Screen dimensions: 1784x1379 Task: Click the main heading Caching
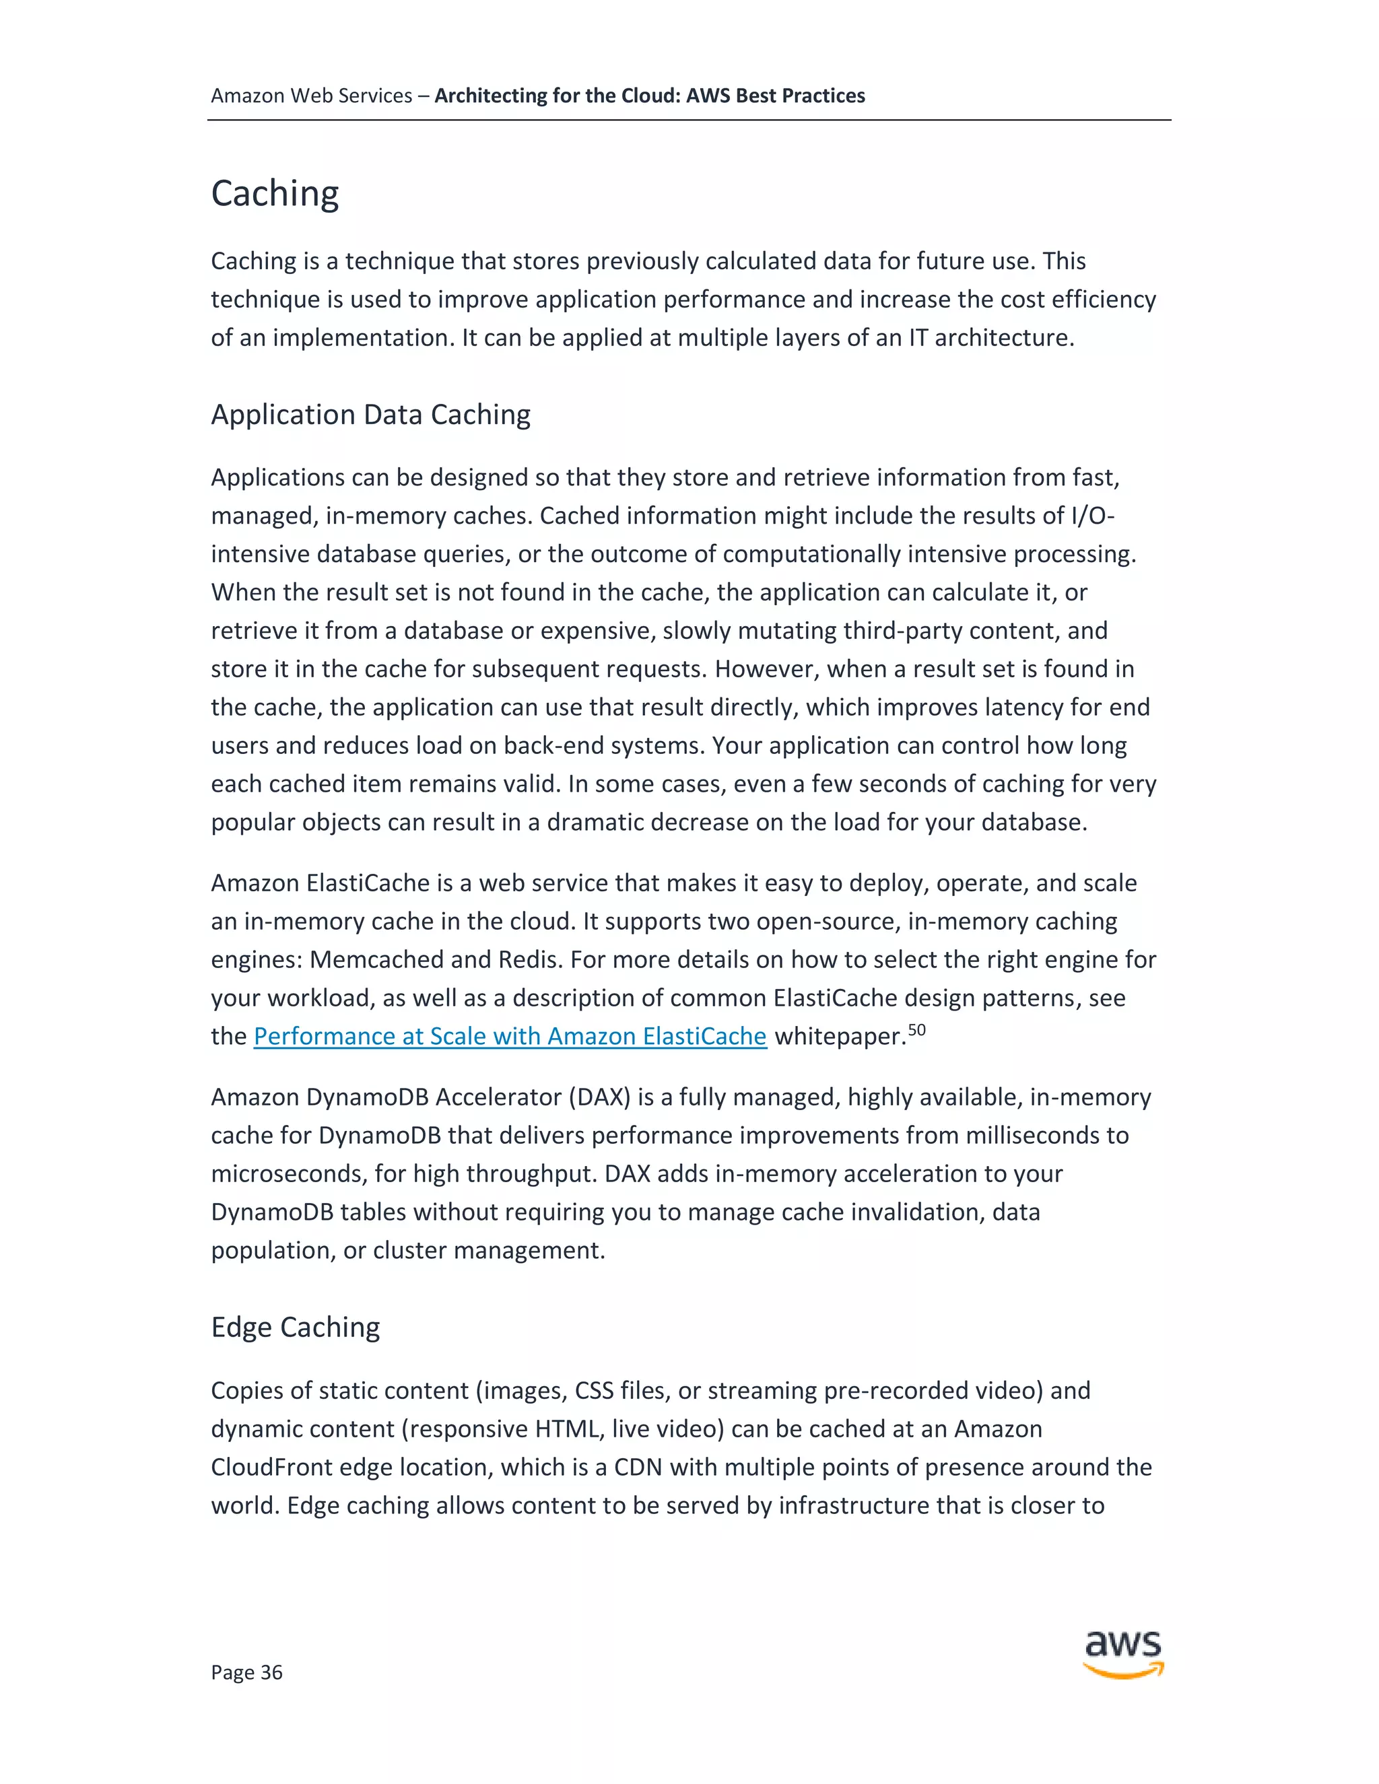click(275, 195)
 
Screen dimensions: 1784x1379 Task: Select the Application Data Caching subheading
click(370, 415)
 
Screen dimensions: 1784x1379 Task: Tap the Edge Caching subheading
click(295, 1328)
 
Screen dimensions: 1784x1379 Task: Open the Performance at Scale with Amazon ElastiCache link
click(510, 1036)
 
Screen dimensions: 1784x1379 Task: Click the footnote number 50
click(916, 1029)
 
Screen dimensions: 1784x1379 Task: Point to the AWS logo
click(1123, 1653)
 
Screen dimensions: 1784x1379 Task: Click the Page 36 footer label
click(246, 1672)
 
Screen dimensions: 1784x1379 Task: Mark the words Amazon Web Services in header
click(311, 96)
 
